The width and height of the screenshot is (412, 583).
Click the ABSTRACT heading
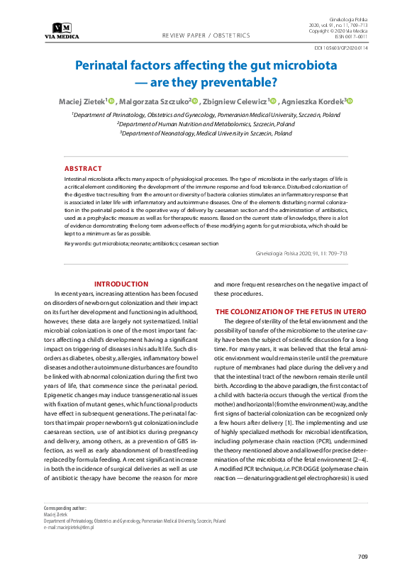(x=83, y=169)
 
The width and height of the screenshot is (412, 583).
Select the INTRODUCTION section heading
(x=121, y=284)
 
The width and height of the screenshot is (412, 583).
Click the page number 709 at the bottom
(x=362, y=557)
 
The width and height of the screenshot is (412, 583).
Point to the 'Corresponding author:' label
(x=65, y=509)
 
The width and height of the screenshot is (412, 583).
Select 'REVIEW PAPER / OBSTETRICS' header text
(x=206, y=35)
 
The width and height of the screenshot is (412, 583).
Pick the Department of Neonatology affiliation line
(x=206, y=133)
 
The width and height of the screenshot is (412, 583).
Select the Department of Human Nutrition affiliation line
(x=206, y=123)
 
